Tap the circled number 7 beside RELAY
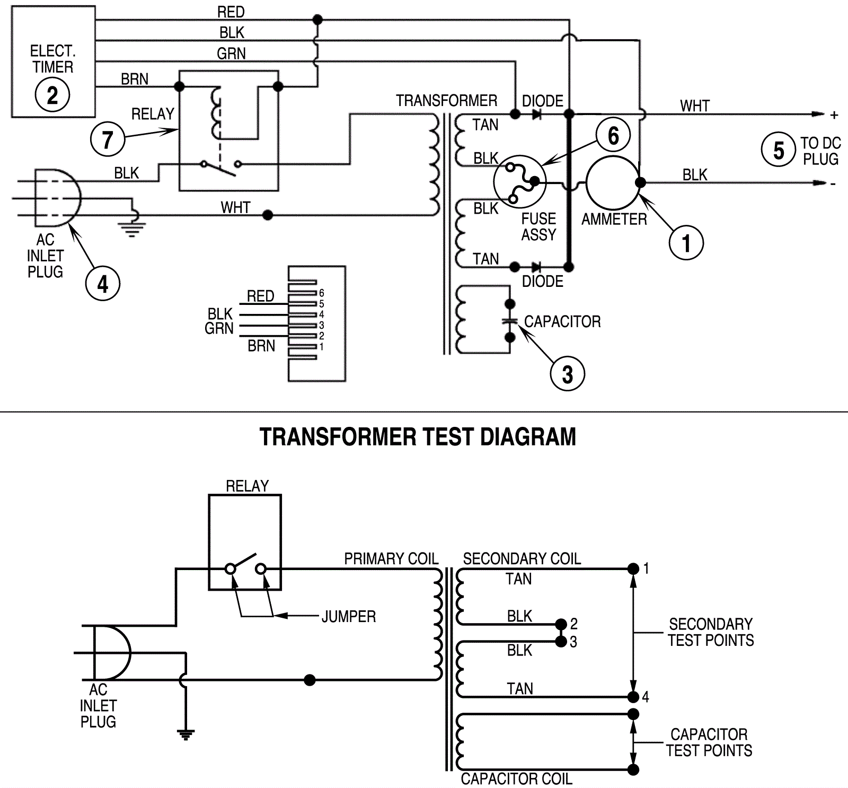pyautogui.click(x=107, y=139)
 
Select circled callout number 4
pyautogui.click(x=102, y=284)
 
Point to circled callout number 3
pyautogui.click(x=567, y=374)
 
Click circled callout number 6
pyautogui.click(x=613, y=135)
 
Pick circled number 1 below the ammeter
pyautogui.click(x=686, y=243)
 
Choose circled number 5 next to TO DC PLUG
pyautogui.click(x=778, y=150)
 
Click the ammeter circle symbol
pyautogui.click(x=613, y=183)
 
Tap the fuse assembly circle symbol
pyautogui.click(x=519, y=181)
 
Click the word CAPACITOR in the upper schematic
pyautogui.click(x=562, y=322)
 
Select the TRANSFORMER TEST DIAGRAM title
pyautogui.click(x=418, y=437)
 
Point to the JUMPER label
pyautogui.click(x=348, y=617)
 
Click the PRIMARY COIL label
pyautogui.click(x=391, y=559)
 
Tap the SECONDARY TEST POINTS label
pyautogui.click(x=710, y=632)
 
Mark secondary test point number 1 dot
pyautogui.click(x=633, y=569)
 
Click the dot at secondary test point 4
pyautogui.click(x=633, y=697)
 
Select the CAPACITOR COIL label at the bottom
pyautogui.click(x=516, y=779)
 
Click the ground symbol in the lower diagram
pyautogui.click(x=185, y=734)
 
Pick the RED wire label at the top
pyautogui.click(x=231, y=12)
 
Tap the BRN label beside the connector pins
pyautogui.click(x=261, y=346)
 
